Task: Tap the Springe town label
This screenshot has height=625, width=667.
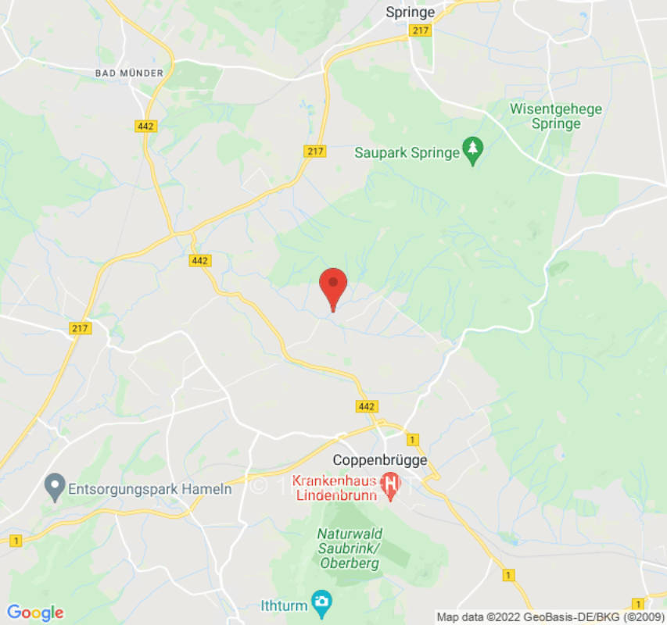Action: [411, 12]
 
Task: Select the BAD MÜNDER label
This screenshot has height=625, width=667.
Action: [129, 73]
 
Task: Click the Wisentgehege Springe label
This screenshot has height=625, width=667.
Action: [556, 116]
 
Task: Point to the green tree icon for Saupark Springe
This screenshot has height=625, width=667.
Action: [472, 152]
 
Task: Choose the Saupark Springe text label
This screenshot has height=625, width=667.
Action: [407, 152]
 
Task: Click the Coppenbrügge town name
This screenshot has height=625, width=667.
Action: [380, 460]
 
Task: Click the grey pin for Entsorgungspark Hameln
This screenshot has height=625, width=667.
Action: [54, 489]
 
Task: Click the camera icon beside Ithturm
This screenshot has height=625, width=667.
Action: [320, 603]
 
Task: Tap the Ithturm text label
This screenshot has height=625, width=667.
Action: [283, 605]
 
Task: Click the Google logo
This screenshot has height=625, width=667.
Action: [34, 612]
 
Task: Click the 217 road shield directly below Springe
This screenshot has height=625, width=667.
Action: [420, 30]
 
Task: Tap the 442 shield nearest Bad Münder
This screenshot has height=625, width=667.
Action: [146, 126]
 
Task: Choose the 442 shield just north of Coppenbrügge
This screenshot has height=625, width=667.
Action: [366, 406]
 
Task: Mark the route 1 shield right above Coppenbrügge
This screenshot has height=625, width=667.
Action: [412, 439]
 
